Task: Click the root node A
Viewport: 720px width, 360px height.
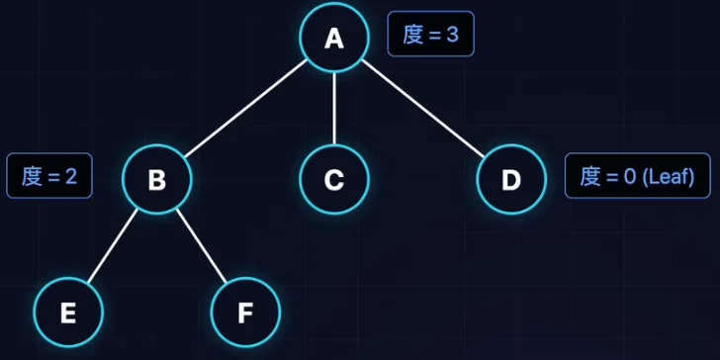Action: click(x=334, y=38)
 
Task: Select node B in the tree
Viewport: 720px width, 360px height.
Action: click(x=157, y=179)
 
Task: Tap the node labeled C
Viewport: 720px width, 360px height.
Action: click(x=334, y=179)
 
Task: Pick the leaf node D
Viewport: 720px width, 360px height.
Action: click(x=511, y=179)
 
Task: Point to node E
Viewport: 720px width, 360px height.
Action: click(x=68, y=313)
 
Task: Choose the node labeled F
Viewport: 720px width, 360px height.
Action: click(x=245, y=313)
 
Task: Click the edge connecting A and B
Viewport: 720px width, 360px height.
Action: click(x=245, y=109)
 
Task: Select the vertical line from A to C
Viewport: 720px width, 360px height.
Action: click(x=334, y=109)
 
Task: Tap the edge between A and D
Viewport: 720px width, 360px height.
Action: click(x=423, y=109)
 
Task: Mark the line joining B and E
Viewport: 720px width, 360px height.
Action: click(x=113, y=245)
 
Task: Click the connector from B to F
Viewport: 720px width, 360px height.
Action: click(x=202, y=245)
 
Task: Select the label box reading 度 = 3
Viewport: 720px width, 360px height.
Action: click(x=431, y=34)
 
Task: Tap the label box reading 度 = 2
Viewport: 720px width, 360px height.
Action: click(x=49, y=175)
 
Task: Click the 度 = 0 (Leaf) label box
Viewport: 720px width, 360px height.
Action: click(x=638, y=175)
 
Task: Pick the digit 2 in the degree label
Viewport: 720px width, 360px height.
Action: click(x=71, y=177)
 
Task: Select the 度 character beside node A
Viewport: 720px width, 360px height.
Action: click(x=412, y=35)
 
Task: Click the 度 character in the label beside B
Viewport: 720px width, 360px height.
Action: click(x=32, y=176)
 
